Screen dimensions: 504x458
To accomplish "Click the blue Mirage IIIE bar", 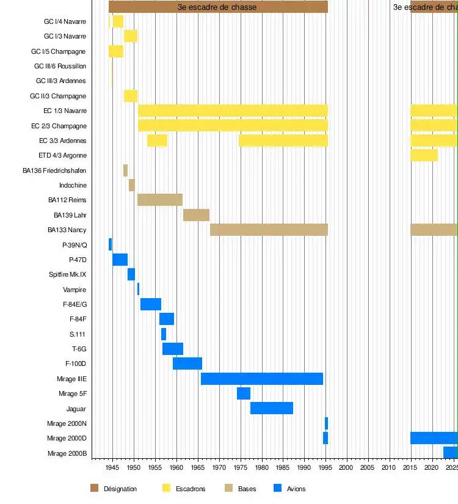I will coord(261,379).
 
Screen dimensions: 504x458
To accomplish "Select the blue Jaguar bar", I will coord(271,408).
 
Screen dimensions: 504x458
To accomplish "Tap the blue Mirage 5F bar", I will coord(243,393).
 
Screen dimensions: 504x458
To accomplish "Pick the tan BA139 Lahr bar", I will coord(196,215).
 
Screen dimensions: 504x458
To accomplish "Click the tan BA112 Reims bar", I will coord(160,200).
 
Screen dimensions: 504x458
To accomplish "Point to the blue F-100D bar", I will coord(187,363).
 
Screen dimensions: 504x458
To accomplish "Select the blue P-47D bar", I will coord(120,260).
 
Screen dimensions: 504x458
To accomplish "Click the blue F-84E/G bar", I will coord(150,304).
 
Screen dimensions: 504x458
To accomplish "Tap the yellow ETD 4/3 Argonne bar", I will coord(424,155).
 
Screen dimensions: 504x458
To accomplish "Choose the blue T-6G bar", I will coord(172,349).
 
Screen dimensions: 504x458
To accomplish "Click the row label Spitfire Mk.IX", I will coord(67,275).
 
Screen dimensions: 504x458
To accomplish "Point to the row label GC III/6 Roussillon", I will coord(60,66).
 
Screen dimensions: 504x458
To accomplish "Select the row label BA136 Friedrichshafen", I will coord(54,170).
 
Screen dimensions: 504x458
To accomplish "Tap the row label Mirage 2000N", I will coord(67,423).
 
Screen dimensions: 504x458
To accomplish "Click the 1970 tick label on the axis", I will coord(219,468).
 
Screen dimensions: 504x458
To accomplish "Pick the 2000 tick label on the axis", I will coord(347,468).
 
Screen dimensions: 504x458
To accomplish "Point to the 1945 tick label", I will coord(112,468).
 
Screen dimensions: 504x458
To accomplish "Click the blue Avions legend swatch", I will coord(278,488).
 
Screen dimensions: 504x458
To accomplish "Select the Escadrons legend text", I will coord(191,489).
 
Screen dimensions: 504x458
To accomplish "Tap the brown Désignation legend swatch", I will coord(94,488).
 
